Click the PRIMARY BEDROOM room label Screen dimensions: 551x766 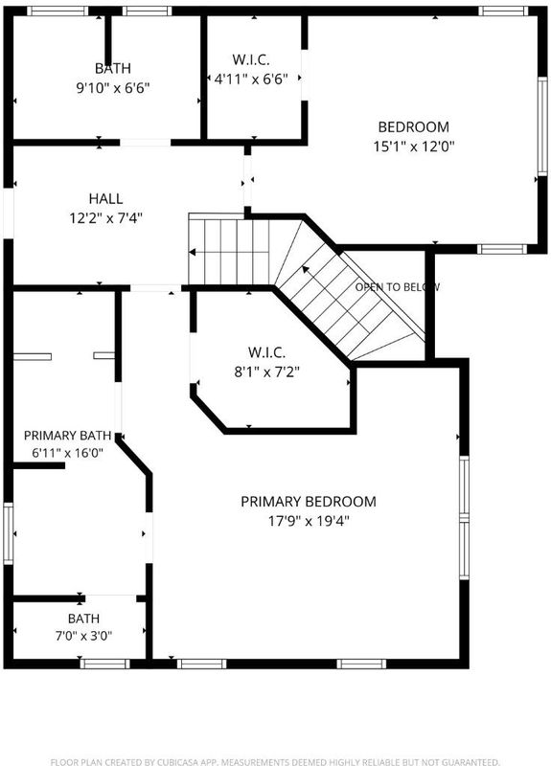[x=309, y=502]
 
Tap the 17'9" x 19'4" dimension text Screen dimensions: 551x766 [x=309, y=521]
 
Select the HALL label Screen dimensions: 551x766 [x=105, y=199]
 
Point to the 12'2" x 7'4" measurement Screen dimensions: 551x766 [x=105, y=218]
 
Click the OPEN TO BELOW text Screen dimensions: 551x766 [x=397, y=287]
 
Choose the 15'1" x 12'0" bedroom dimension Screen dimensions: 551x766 [x=414, y=146]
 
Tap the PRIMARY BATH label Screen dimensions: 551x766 [x=67, y=436]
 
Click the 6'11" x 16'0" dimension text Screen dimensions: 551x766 [x=67, y=453]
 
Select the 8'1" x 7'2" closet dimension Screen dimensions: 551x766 [x=266, y=372]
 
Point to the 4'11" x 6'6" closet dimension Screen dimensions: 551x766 [x=251, y=79]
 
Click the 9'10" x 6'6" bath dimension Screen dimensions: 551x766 [x=112, y=88]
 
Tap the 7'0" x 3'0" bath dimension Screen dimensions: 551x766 [x=83, y=636]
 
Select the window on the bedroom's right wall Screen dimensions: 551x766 [x=542, y=126]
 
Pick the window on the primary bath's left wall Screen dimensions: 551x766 [x=9, y=533]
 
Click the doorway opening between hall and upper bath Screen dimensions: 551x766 [x=146, y=143]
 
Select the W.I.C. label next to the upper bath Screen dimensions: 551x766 [x=251, y=59]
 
